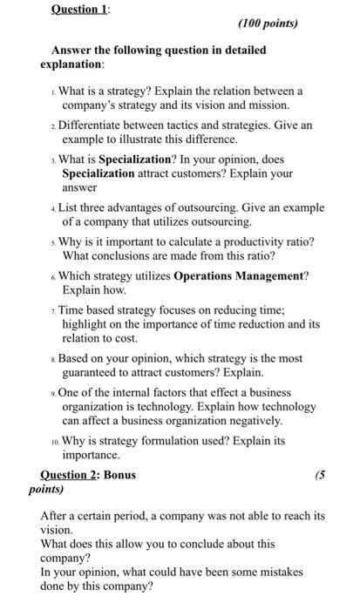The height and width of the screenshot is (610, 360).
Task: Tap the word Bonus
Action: tap(119, 476)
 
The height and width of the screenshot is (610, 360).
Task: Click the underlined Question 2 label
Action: tap(71, 476)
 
